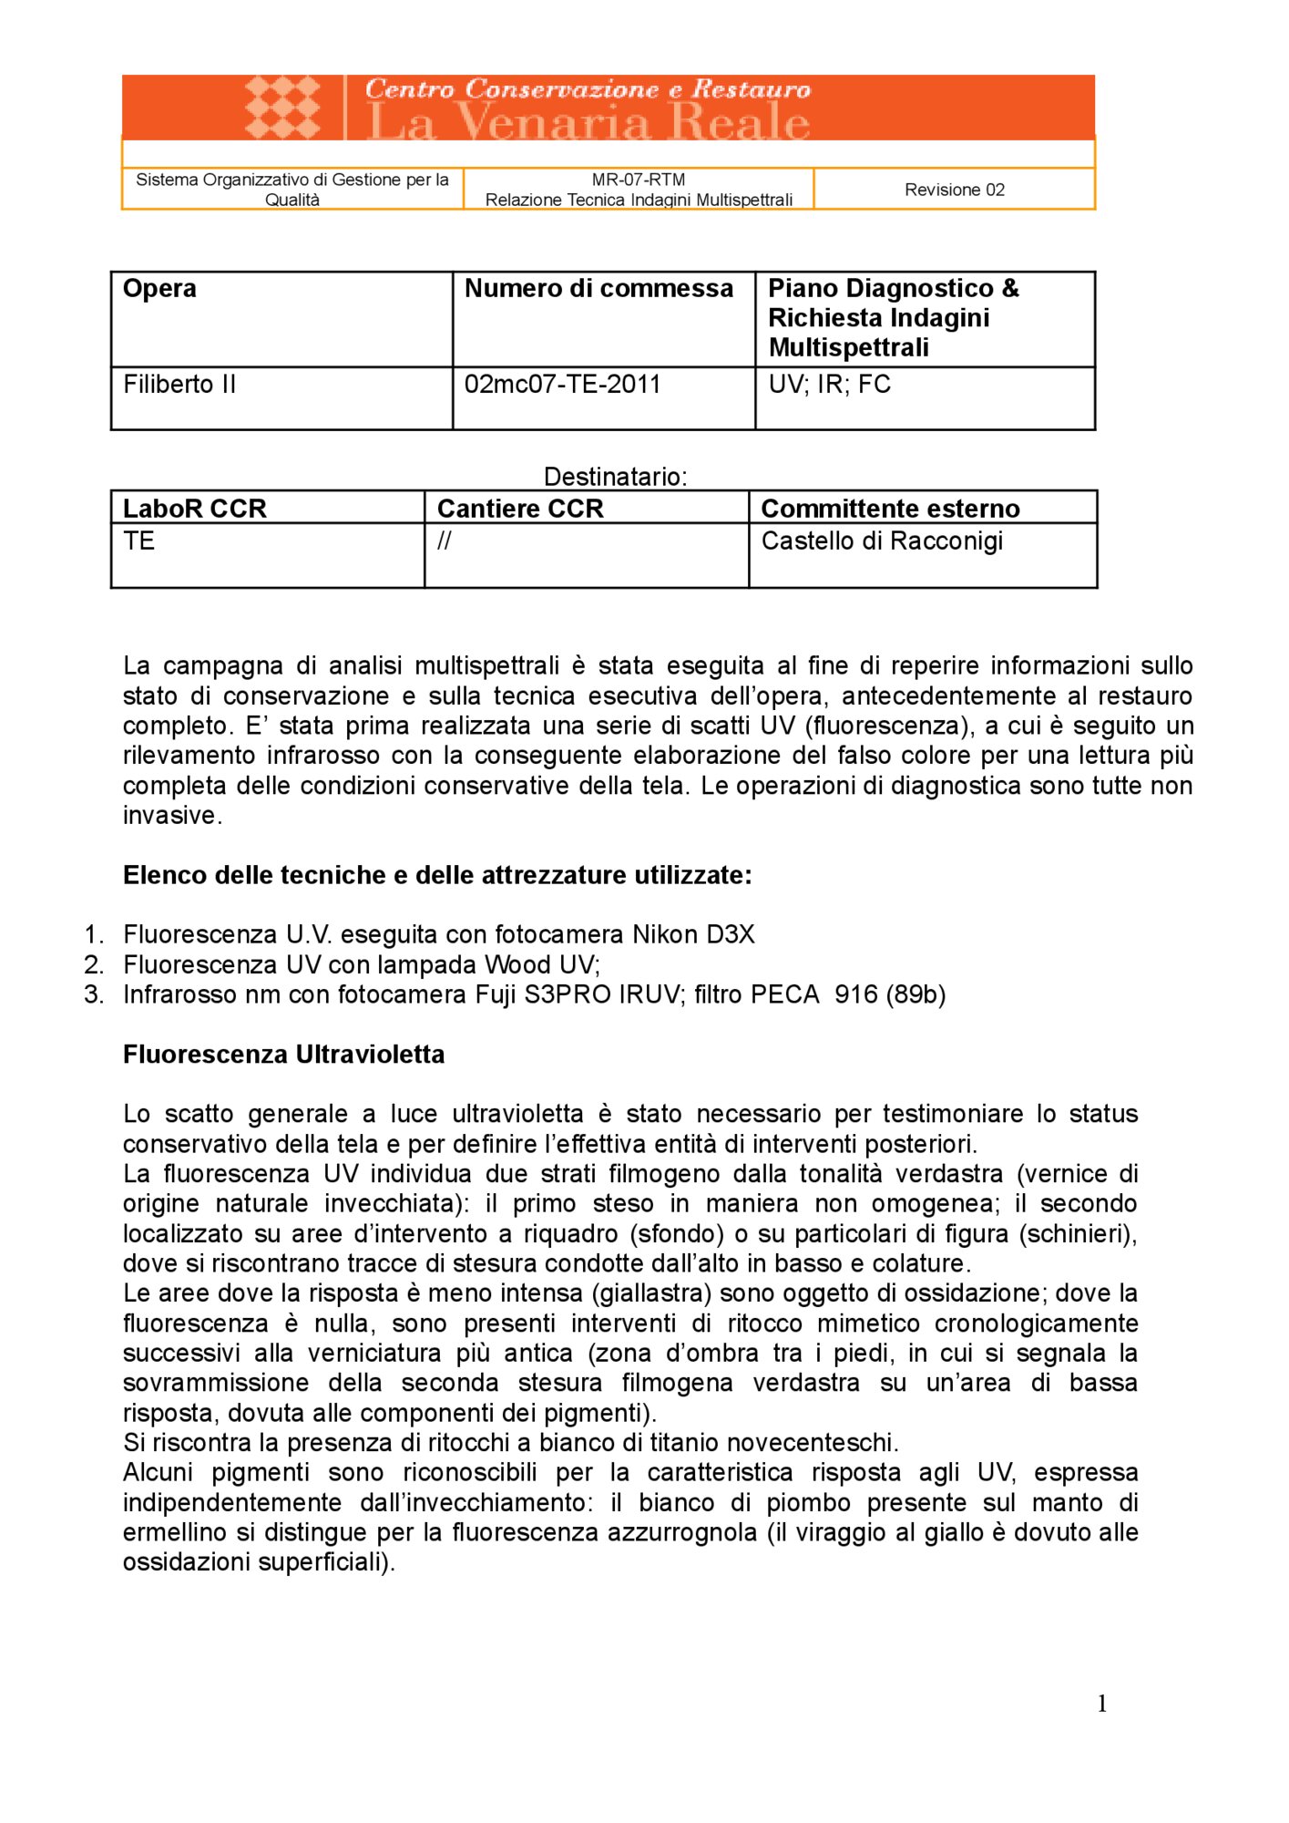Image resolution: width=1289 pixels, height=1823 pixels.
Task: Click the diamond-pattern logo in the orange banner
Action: pos(283,107)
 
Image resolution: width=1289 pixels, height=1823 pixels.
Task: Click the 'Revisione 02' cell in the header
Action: pos(954,190)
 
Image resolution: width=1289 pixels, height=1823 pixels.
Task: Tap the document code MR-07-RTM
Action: pos(638,180)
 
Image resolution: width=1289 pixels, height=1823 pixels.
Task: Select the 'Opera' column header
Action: pos(160,289)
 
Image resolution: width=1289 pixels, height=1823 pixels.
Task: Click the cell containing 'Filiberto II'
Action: pos(179,385)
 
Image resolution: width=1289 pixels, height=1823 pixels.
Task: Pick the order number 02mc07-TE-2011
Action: pos(562,385)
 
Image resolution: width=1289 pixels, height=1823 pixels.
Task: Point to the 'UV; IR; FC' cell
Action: pos(829,385)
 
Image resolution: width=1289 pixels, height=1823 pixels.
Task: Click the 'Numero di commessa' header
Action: pos(598,289)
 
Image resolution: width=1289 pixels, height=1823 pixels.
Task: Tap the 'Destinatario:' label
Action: pos(615,477)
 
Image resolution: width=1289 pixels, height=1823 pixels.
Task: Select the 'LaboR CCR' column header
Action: pos(195,509)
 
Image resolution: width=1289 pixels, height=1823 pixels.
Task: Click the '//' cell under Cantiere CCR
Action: pos(445,541)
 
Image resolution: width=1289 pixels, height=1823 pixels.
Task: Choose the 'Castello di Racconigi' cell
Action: pos(882,541)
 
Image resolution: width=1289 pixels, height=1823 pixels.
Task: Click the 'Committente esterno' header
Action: pos(890,509)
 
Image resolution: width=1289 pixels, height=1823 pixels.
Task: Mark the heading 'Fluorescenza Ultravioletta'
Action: pos(284,1055)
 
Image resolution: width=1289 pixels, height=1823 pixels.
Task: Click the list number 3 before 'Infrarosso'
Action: pos(94,994)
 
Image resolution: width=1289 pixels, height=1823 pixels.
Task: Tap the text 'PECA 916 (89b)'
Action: pos(848,994)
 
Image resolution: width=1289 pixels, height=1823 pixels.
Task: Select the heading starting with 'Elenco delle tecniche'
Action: pos(437,876)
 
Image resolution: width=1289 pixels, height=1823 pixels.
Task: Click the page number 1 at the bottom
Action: pos(1102,1705)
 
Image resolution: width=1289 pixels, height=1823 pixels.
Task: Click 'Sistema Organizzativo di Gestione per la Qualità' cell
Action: pos(292,190)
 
